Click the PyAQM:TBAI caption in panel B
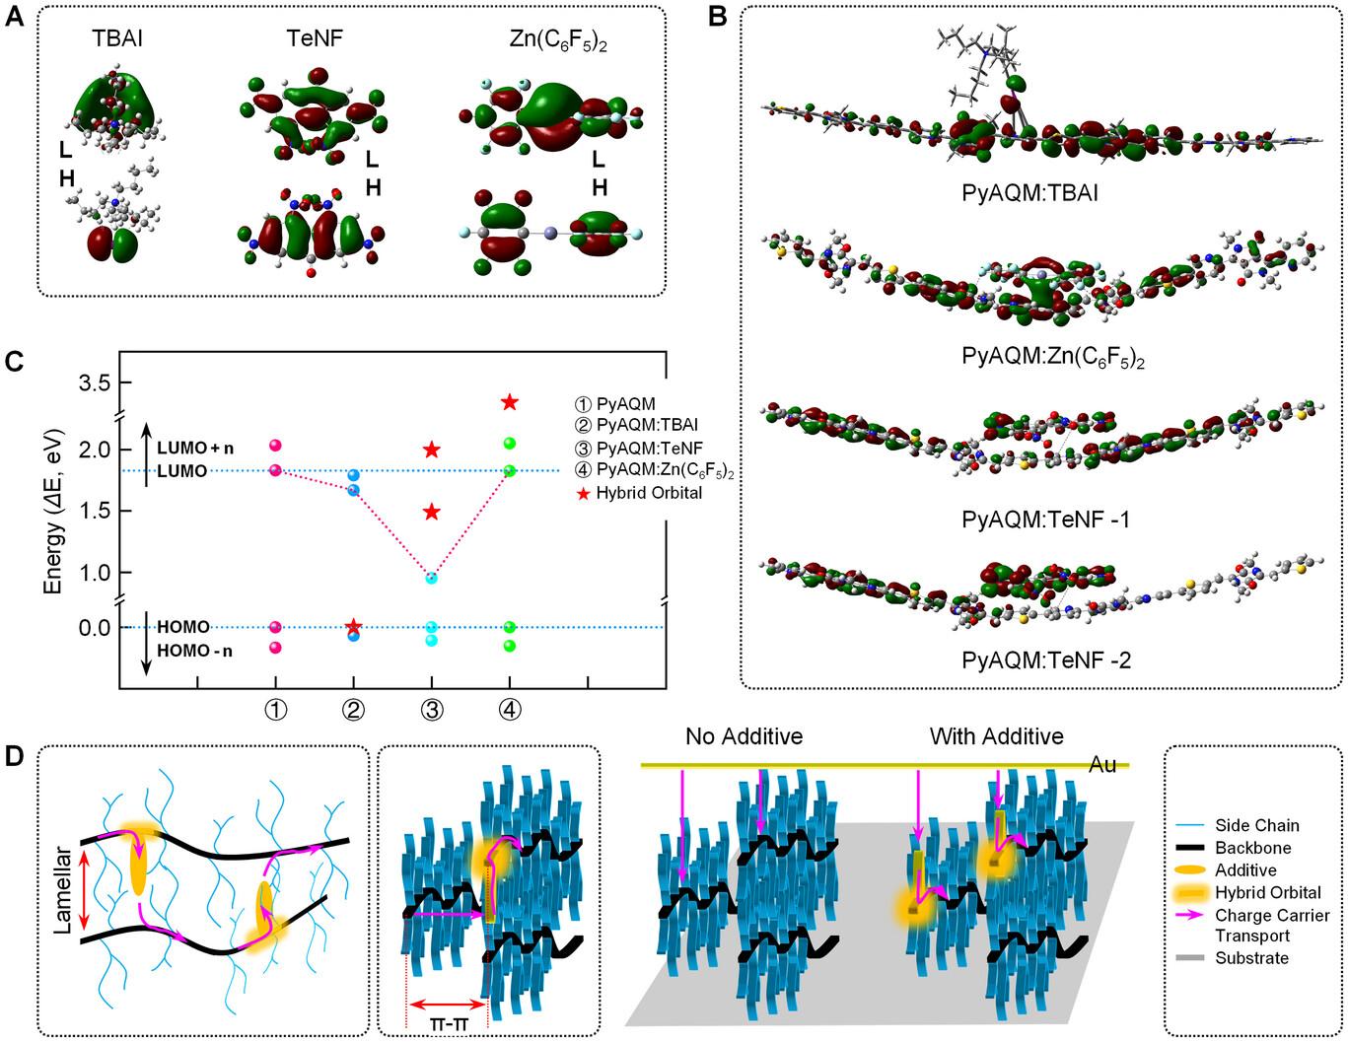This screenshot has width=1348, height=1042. click(1029, 191)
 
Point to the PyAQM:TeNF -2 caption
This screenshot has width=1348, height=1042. click(1046, 660)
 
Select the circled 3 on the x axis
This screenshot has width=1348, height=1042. click(431, 710)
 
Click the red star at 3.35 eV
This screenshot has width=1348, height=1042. click(510, 402)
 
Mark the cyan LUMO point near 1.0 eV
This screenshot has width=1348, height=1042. click(431, 578)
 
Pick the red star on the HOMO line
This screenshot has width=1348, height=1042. click(354, 626)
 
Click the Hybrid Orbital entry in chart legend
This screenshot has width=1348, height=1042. click(649, 492)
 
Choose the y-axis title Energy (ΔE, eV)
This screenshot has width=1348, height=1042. click(54, 510)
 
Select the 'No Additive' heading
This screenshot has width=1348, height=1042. click(745, 736)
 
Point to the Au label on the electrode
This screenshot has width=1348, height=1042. click(1102, 765)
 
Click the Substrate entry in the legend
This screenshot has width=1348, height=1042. click(1251, 957)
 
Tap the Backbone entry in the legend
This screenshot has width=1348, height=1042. click(1252, 848)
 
